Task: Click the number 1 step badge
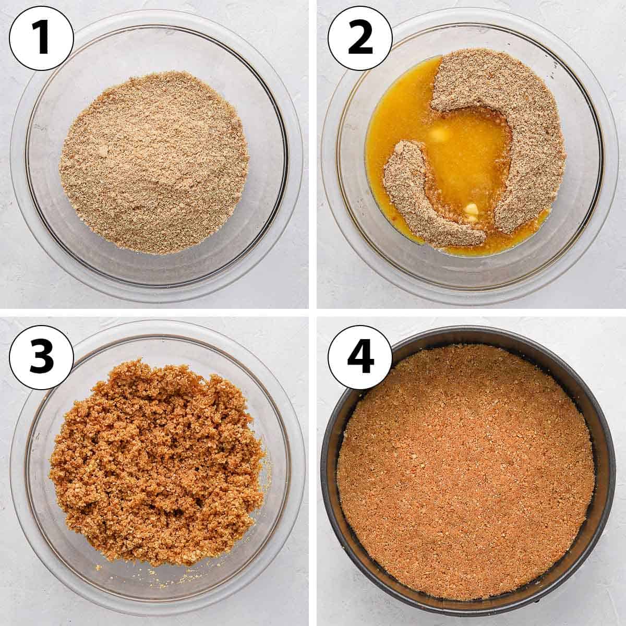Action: [41, 38]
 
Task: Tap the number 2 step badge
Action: [359, 38]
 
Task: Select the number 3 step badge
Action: [41, 356]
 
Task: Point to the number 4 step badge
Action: [359, 356]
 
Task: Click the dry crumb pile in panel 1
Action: [154, 164]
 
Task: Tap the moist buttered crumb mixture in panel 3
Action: [156, 461]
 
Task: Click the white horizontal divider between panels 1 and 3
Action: [154, 312]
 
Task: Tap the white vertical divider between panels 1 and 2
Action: [313, 154]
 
